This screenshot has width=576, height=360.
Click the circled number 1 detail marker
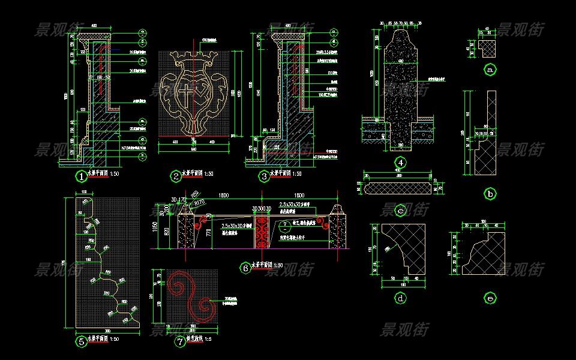click(x=81, y=176)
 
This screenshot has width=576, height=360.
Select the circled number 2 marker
click(x=176, y=176)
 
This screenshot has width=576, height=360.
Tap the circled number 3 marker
click(x=264, y=176)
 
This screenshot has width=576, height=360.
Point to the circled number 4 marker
click(x=400, y=162)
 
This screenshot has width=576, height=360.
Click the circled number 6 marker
click(x=244, y=268)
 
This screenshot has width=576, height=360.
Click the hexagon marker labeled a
click(x=490, y=70)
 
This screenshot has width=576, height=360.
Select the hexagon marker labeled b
click(x=490, y=194)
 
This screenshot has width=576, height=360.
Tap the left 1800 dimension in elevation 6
click(x=223, y=196)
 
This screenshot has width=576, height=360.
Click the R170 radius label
click(x=199, y=204)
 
